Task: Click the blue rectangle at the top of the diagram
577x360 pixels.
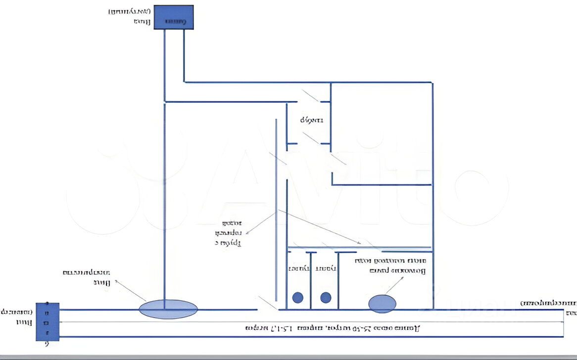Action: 173,17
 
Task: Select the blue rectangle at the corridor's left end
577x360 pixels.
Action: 48,321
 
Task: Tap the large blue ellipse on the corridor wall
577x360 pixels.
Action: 168,309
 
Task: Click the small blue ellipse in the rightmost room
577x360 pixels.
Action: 382,304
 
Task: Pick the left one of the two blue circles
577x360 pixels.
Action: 297,297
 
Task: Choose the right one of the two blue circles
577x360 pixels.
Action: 325,297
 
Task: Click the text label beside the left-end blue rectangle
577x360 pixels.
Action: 18,317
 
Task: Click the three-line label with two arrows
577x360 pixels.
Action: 228,232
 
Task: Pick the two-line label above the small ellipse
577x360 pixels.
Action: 390,266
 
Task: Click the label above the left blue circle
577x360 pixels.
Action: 299,268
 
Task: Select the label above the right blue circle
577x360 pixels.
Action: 327,268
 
